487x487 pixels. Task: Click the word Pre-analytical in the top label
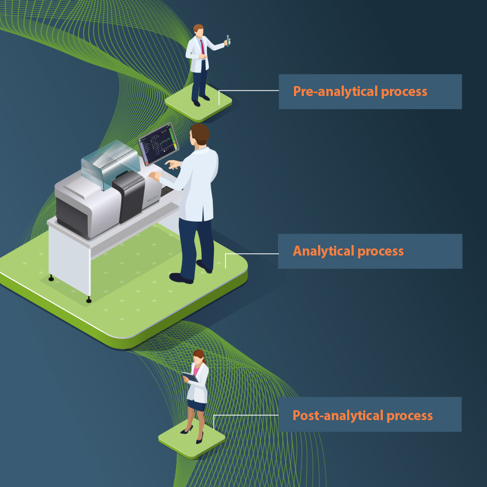tap(335, 92)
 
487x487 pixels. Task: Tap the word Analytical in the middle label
tap(323, 251)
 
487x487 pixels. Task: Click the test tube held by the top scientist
tap(228, 41)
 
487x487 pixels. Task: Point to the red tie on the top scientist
tap(202, 47)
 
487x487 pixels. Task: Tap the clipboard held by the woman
tap(190, 377)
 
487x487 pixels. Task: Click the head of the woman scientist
tap(199, 356)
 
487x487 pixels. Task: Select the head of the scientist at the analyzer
tap(200, 134)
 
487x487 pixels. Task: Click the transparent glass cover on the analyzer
tap(110, 163)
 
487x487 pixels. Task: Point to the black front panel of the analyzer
tap(129, 195)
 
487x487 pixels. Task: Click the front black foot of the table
tap(89, 300)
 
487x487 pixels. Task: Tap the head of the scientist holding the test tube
tap(199, 31)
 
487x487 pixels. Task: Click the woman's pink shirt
tap(196, 371)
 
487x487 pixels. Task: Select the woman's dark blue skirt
tap(196, 405)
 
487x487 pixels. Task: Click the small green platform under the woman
tap(191, 439)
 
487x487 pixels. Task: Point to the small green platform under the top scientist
tap(199, 102)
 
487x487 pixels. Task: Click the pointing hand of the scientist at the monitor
tap(172, 163)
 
